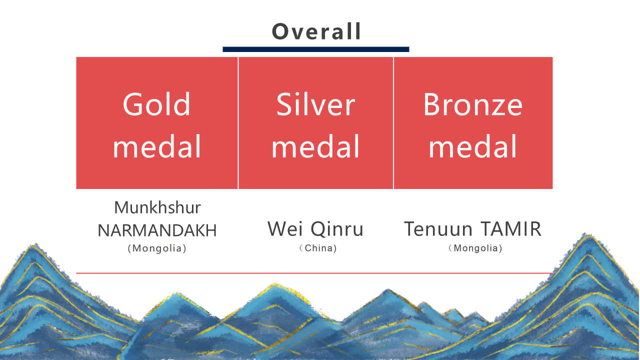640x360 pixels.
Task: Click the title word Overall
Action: pos(316,31)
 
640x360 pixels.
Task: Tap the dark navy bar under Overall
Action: pos(315,49)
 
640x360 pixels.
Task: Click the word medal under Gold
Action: pos(156,146)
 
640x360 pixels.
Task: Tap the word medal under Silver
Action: pos(315,146)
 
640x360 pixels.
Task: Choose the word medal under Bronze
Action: pos(472,146)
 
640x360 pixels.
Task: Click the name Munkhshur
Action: pos(157,208)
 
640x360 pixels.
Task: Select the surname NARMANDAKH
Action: pos(157,230)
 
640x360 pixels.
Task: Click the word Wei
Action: pos(285,229)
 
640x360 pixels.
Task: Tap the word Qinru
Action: pos(337,229)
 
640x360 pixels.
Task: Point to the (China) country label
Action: pos(318,248)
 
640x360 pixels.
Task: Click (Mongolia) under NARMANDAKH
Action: pos(157,248)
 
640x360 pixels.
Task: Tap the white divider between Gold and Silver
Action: pos(238,123)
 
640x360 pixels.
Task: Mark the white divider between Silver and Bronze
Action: pos(393,123)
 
